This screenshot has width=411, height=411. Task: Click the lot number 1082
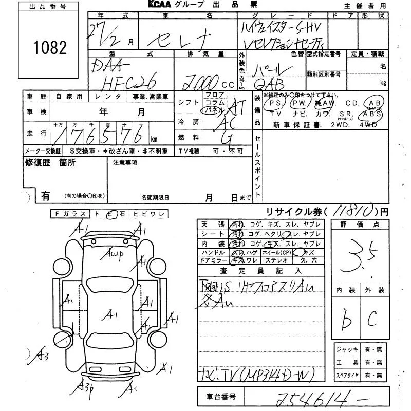50,48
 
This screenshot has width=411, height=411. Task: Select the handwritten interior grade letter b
347,321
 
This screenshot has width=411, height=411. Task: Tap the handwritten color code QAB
272,83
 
